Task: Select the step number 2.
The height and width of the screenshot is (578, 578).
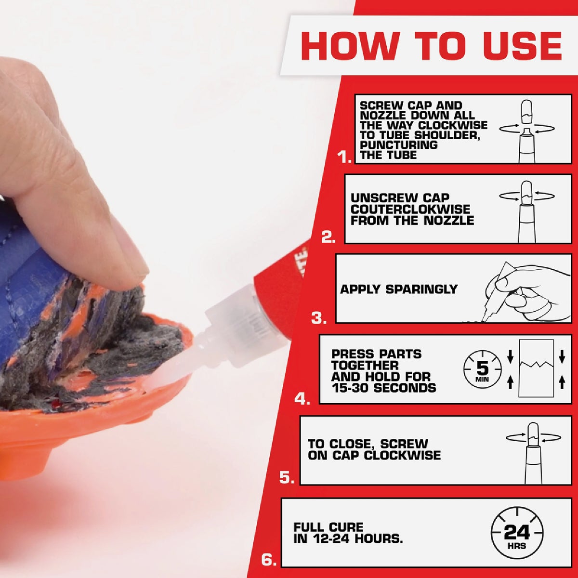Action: click(x=328, y=237)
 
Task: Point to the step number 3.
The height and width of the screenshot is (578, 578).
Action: click(x=319, y=318)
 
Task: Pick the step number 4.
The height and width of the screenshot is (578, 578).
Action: click(x=302, y=398)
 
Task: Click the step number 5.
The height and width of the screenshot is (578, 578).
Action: click(x=287, y=478)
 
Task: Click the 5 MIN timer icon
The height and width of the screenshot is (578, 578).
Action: click(x=482, y=371)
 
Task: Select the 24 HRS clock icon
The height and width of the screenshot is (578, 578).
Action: click(x=516, y=534)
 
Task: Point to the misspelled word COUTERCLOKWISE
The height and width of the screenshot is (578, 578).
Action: click(x=410, y=210)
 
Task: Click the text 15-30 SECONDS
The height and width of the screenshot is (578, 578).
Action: click(x=383, y=388)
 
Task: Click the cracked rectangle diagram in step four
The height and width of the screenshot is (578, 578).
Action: click(x=536, y=368)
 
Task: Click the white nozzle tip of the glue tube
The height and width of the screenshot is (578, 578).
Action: click(x=166, y=373)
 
